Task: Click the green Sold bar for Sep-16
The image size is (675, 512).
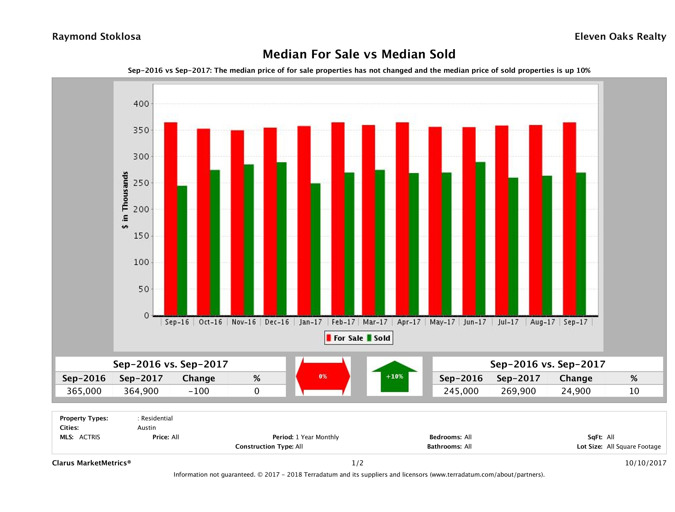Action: pyautogui.click(x=182, y=250)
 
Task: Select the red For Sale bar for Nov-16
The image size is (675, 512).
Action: pyautogui.click(x=237, y=223)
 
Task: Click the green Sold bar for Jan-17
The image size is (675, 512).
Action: pyautogui.click(x=315, y=249)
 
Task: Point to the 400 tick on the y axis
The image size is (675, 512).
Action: pyautogui.click(x=141, y=104)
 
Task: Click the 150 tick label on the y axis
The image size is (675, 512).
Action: pyautogui.click(x=141, y=236)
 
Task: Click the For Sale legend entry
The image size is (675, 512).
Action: pyautogui.click(x=345, y=338)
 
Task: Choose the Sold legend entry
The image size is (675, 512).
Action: pyautogui.click(x=379, y=338)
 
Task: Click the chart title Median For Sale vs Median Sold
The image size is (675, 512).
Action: pyautogui.click(x=359, y=54)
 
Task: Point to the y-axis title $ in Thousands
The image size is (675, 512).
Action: pyautogui.click(x=125, y=200)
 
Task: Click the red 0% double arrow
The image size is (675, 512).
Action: pyautogui.click(x=323, y=376)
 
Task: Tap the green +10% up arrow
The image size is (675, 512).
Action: pyautogui.click(x=394, y=376)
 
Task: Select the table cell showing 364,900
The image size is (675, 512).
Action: pyautogui.click(x=141, y=391)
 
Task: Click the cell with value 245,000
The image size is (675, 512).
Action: pyautogui.click(x=461, y=391)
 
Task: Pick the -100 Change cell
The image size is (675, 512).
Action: pyautogui.click(x=199, y=391)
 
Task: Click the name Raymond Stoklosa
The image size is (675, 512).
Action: pyautogui.click(x=96, y=37)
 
